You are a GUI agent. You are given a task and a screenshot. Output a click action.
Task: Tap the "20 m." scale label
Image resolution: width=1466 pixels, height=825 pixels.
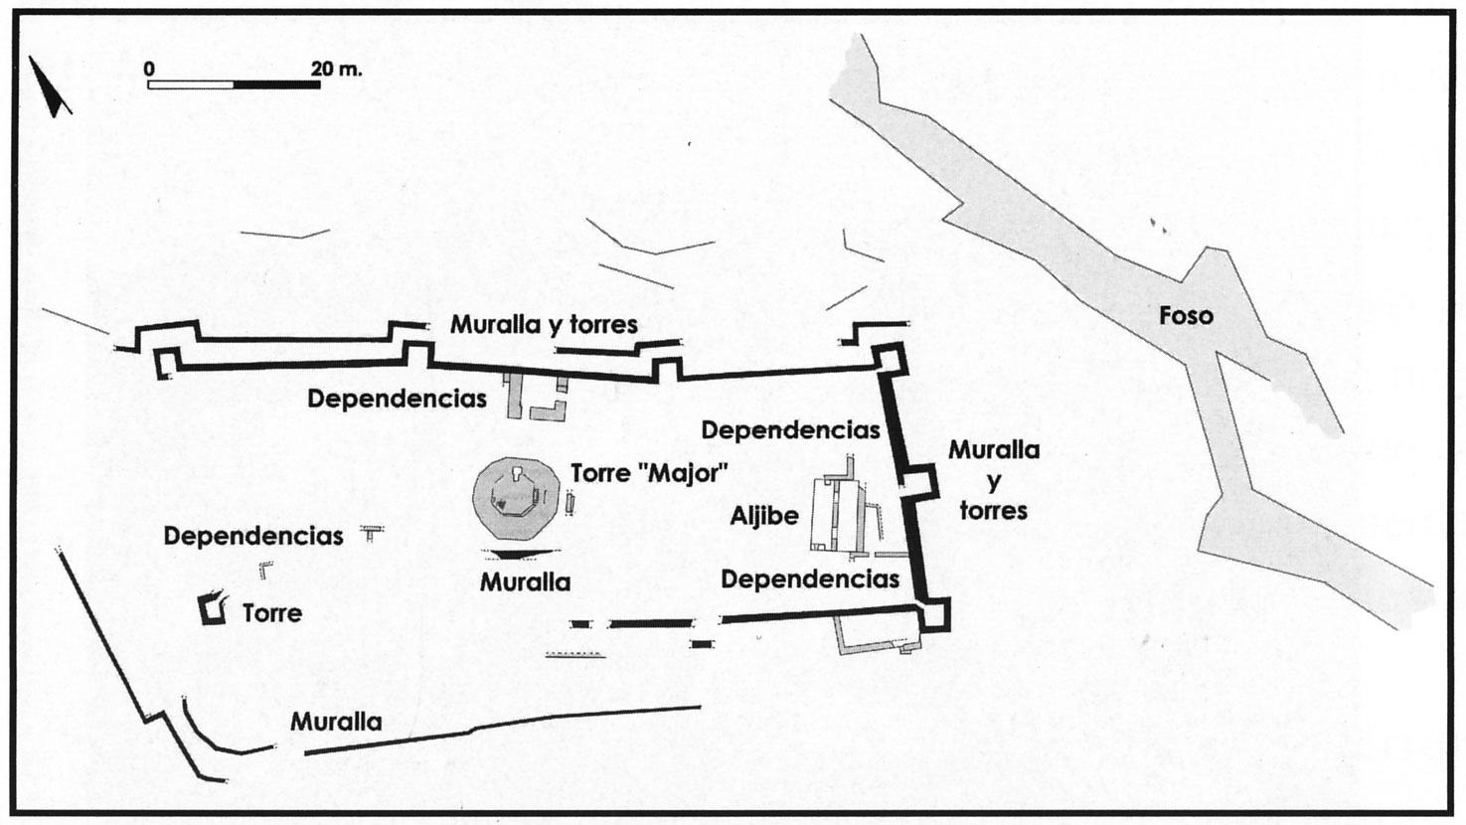click(x=337, y=69)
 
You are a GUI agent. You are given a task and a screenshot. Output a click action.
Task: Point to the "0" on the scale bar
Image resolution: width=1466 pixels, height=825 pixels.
click(x=149, y=69)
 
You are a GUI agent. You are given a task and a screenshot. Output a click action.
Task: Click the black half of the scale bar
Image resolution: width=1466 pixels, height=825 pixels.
click(x=277, y=84)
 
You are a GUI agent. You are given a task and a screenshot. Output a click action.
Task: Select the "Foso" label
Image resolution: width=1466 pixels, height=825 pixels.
click(x=1186, y=316)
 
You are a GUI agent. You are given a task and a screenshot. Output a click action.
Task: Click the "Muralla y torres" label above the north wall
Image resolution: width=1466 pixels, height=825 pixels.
click(x=544, y=324)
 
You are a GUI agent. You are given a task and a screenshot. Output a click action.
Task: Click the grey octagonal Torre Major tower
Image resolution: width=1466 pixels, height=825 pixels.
click(x=516, y=500)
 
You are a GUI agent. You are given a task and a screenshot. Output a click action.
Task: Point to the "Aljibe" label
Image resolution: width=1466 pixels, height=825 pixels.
click(x=764, y=516)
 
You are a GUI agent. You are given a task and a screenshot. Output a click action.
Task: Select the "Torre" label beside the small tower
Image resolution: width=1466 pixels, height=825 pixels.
click(x=272, y=612)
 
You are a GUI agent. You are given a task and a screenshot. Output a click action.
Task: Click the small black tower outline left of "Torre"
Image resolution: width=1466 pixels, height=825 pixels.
click(x=213, y=609)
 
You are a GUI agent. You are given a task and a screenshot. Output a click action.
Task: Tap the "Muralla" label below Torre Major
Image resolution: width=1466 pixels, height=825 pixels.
click(x=525, y=581)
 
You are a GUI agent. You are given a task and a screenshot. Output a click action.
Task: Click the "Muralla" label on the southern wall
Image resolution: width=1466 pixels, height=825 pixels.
click(x=336, y=722)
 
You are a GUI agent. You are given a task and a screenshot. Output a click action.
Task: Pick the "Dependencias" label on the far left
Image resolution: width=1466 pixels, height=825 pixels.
click(x=253, y=537)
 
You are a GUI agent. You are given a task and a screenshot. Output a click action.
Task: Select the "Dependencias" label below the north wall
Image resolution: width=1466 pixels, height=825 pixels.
click(x=397, y=400)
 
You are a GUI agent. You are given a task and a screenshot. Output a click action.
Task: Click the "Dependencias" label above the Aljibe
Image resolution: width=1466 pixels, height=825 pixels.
click(x=790, y=430)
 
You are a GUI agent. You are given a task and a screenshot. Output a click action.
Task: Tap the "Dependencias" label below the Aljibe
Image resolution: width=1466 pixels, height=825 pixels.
click(x=810, y=578)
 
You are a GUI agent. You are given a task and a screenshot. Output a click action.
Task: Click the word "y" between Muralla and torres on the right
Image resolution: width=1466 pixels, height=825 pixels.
click(x=994, y=480)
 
